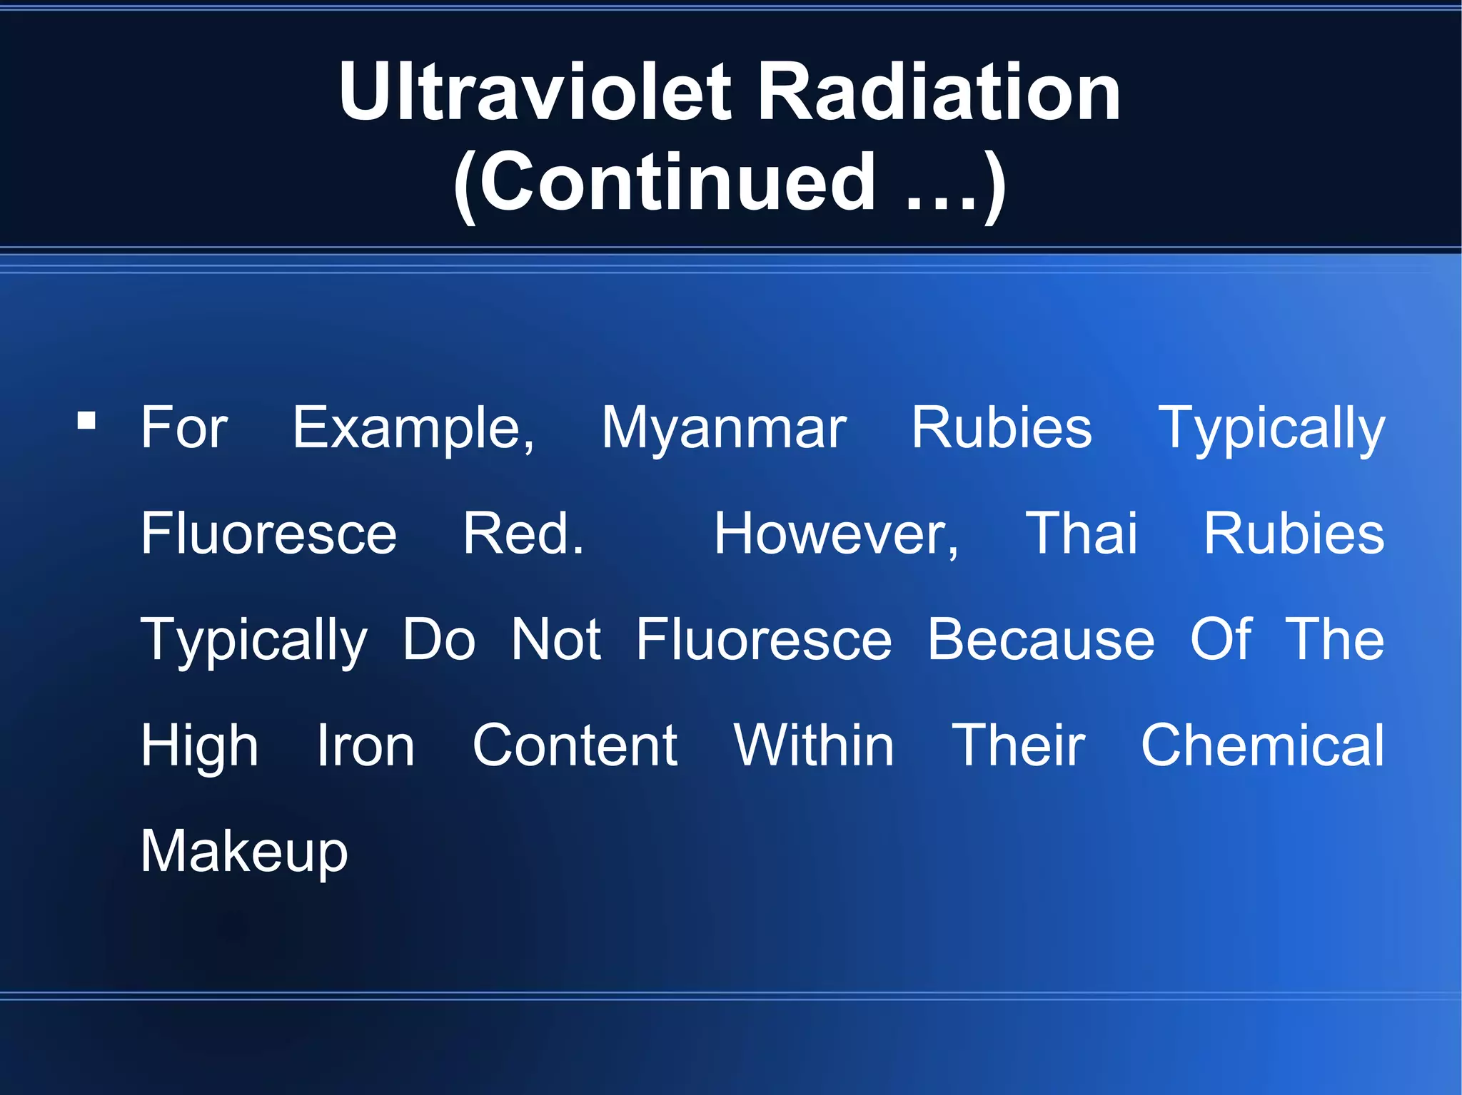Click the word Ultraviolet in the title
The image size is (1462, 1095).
pos(535,92)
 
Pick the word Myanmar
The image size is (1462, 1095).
pos(723,428)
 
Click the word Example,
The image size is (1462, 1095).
pos(413,428)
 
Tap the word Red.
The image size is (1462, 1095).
pos(523,534)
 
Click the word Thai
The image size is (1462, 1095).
pos(1081,534)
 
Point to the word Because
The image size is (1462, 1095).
pos(1040,639)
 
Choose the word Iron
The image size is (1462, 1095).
pos(365,745)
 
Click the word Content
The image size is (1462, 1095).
pos(575,745)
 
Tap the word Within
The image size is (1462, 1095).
pos(814,745)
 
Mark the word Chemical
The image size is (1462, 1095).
pos(1262,745)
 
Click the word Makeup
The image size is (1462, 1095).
pos(244,851)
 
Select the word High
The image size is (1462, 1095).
pos(199,745)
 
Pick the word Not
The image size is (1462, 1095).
pos(555,639)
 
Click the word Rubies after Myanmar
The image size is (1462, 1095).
pos(1002,428)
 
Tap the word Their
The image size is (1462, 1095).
pos(1019,745)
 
